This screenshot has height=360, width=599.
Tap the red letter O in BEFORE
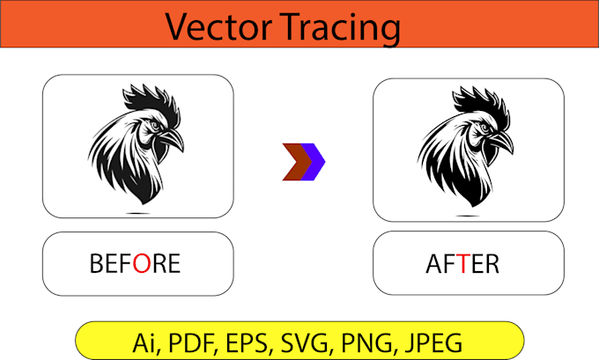[x=140, y=263]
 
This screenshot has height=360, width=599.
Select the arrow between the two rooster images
[x=304, y=162]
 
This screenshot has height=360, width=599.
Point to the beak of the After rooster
[x=504, y=140]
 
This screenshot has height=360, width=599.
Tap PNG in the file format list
[x=364, y=340]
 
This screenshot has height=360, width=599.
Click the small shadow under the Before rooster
[x=137, y=213]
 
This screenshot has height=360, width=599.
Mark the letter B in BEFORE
[x=97, y=263]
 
